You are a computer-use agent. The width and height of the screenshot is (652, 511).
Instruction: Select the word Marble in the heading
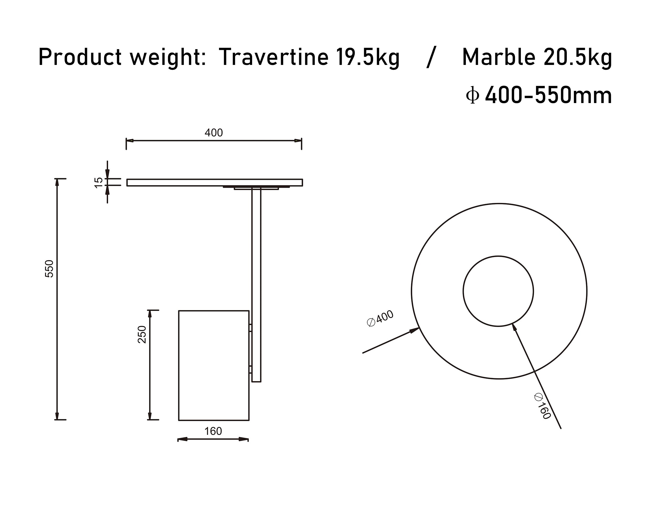tap(498, 57)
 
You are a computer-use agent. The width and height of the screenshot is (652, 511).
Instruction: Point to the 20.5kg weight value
tap(578, 57)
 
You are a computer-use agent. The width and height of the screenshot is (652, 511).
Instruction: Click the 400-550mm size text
tap(548, 95)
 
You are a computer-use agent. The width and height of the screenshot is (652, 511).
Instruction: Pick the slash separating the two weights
tap(431, 57)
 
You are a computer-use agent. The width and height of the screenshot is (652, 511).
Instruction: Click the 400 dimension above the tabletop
tap(214, 132)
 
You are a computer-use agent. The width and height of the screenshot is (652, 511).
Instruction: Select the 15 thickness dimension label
tap(98, 182)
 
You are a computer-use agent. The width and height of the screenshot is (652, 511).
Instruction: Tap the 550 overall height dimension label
tap(49, 269)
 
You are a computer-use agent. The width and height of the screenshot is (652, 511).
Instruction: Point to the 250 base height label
tap(141, 334)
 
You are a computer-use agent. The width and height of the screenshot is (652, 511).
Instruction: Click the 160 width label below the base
tap(213, 431)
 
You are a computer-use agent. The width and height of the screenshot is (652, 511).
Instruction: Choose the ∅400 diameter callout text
tap(380, 319)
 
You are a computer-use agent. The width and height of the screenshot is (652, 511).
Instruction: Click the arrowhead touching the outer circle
tap(415, 330)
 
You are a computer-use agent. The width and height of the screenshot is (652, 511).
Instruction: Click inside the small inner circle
tap(498, 291)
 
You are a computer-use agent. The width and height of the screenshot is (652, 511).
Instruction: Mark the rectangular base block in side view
tap(214, 365)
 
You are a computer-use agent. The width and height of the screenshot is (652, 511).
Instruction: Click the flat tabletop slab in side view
tap(214, 182)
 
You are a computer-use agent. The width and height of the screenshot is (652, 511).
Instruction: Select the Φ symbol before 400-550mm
tap(472, 95)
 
